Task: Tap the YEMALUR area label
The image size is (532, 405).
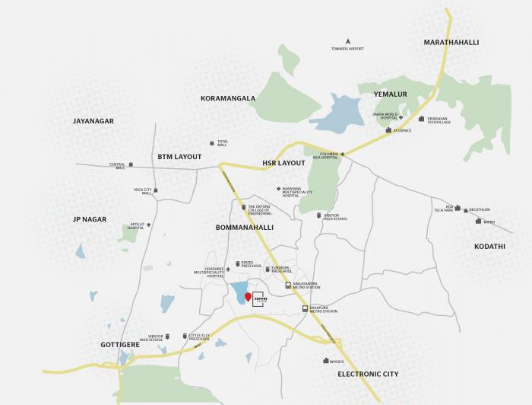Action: (391, 94)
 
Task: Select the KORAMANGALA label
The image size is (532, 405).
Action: (228, 98)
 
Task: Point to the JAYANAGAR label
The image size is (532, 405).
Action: (93, 121)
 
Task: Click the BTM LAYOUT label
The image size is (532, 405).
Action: (180, 157)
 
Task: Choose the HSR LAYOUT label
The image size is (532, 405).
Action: (283, 163)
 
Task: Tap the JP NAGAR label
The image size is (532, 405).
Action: (90, 219)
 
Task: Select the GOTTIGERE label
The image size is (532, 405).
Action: (122, 345)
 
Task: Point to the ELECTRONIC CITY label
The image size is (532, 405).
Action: (368, 375)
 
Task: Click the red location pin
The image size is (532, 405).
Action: (248, 296)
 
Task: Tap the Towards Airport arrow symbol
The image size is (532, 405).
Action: (347, 40)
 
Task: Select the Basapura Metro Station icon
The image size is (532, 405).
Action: (305, 309)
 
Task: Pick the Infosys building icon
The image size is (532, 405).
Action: (326, 361)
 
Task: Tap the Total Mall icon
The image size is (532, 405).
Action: (212, 142)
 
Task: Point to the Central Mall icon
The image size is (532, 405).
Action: (131, 165)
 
